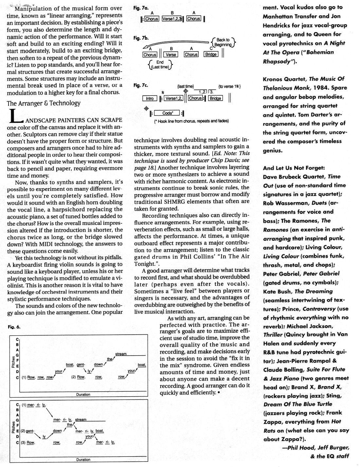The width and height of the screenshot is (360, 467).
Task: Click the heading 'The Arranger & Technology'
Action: point(44,103)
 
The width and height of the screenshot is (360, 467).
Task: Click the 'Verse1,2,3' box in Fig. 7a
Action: point(172,19)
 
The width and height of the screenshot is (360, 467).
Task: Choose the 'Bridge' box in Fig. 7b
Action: point(211,55)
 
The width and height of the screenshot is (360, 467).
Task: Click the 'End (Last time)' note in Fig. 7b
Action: point(160,65)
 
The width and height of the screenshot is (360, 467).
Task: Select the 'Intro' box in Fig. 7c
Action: point(150,99)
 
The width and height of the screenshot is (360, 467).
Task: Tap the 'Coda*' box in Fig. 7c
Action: point(167,113)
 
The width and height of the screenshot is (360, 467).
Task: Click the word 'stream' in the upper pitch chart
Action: point(121,354)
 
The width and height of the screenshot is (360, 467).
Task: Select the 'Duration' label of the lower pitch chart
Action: point(83,460)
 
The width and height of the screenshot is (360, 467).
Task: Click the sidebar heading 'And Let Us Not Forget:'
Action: point(294,168)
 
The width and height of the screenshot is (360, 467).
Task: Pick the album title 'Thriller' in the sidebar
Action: point(273,335)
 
